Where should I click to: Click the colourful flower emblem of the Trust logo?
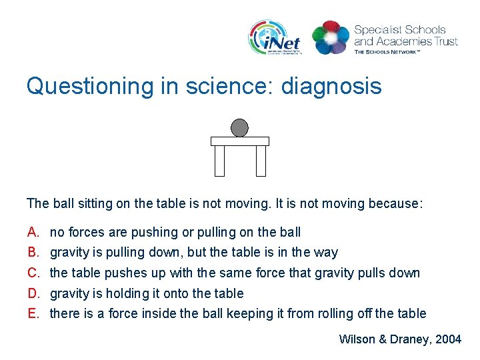pyautogui.click(x=331, y=37)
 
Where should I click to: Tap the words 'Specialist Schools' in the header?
pyautogui.click(x=399, y=30)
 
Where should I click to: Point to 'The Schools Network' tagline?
pyautogui.click(x=387, y=51)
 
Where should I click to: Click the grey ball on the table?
pyautogui.click(x=239, y=128)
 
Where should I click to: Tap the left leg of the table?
pyautogui.click(x=219, y=161)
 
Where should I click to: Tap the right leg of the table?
pyautogui.click(x=261, y=161)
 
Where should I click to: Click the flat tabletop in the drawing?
pyautogui.click(x=240, y=141)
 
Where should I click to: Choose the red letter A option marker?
pyautogui.click(x=33, y=233)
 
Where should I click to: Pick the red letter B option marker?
pyautogui.click(x=33, y=253)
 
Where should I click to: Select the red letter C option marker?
pyautogui.click(x=33, y=273)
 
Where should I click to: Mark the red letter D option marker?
pyautogui.click(x=33, y=293)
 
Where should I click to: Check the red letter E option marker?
pyautogui.click(x=33, y=313)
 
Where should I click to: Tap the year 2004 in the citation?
pyautogui.click(x=447, y=339)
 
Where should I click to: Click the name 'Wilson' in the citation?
pyautogui.click(x=357, y=339)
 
